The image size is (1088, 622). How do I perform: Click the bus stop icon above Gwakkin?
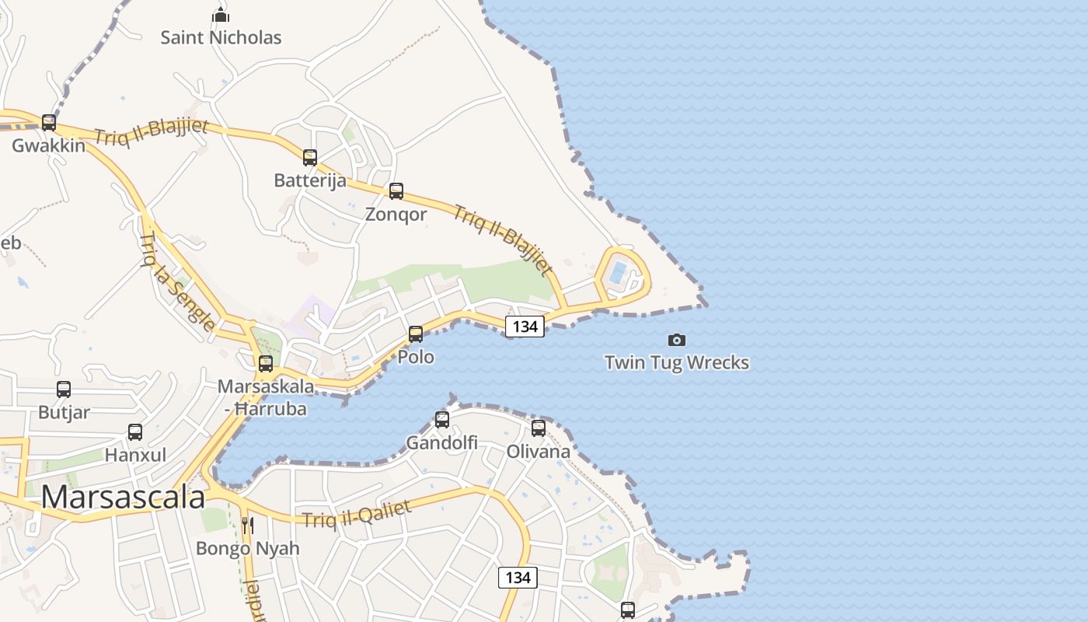coord(49,123)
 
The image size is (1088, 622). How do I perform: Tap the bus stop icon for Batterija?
coord(310,158)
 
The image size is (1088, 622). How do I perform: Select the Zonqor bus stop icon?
coord(396,191)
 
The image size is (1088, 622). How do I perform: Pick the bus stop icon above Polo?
coord(416,334)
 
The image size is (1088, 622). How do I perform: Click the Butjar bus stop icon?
coord(64,390)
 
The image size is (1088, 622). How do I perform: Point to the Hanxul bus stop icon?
coord(135,432)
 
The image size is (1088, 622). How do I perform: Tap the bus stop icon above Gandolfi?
coord(442,420)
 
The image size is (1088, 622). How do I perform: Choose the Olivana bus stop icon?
coord(539,428)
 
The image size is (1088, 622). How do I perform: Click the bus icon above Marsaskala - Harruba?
coord(266,363)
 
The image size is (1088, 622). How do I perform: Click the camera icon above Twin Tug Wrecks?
coord(677,340)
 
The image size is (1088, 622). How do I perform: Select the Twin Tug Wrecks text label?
coord(677,362)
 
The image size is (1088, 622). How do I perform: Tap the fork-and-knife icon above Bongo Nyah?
coord(248,526)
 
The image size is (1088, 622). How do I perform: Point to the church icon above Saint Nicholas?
coord(221,15)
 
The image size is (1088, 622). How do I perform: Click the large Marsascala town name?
coord(123,498)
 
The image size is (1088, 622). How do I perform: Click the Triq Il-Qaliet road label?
coord(357,514)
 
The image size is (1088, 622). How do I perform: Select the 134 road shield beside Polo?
coord(525,327)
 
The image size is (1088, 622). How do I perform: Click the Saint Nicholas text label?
coord(221,37)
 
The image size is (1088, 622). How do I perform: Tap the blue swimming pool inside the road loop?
coord(618,272)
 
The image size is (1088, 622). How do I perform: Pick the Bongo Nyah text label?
coord(247,548)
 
